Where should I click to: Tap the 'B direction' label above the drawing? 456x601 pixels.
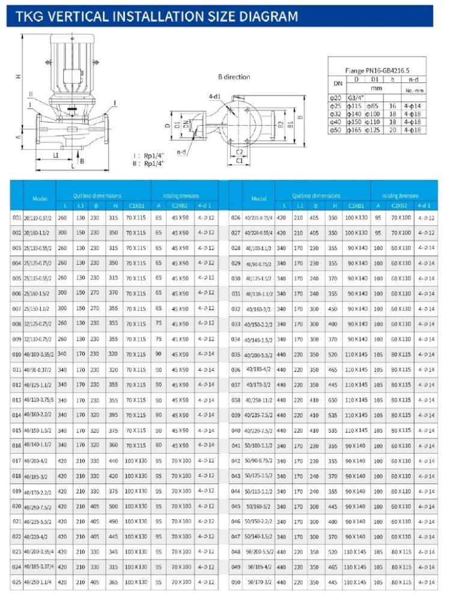tap(234, 77)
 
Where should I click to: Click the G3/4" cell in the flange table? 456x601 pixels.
tap(357, 97)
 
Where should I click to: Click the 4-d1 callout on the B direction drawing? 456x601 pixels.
tap(214, 96)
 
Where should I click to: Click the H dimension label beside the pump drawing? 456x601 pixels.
tap(19, 76)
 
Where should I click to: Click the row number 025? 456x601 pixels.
tap(16, 582)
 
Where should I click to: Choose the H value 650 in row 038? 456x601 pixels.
tap(332, 400)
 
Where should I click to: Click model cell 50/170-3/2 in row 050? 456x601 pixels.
tap(260, 582)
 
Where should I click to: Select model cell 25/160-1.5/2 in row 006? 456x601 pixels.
tap(37, 293)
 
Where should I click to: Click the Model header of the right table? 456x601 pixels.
tap(258, 198)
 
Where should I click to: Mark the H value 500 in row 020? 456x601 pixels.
tap(114, 506)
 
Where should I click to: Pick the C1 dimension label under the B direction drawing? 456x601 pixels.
tap(239, 160)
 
